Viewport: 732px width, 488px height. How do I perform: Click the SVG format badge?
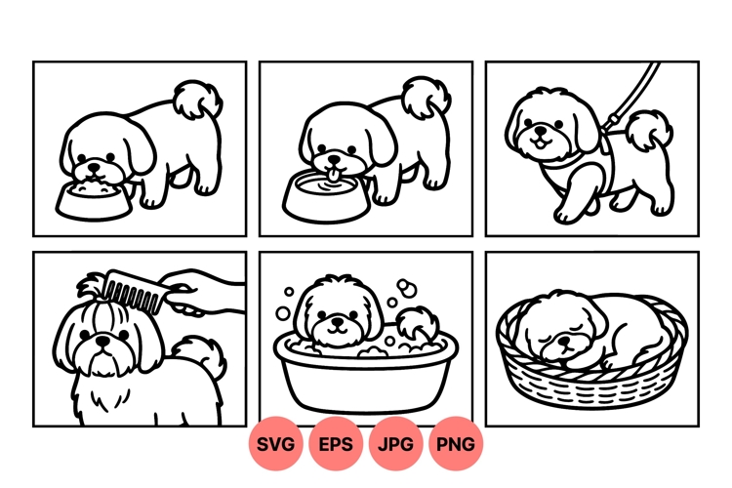tap(275, 444)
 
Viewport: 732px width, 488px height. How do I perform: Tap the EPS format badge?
tap(335, 444)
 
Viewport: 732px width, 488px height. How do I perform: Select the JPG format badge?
tap(395, 444)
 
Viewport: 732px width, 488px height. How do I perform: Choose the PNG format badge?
tap(456, 444)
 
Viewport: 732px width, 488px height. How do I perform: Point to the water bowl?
tap(326, 197)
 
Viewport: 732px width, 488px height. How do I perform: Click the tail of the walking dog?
tap(649, 130)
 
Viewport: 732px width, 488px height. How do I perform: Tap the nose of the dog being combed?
tap(102, 342)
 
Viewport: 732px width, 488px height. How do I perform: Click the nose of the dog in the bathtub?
tap(337, 322)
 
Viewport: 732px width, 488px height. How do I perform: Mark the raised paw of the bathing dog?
tap(417, 323)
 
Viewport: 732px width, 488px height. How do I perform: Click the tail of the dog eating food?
tap(197, 100)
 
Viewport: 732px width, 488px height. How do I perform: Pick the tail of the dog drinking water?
tap(427, 97)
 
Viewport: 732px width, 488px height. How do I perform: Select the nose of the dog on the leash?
tap(541, 129)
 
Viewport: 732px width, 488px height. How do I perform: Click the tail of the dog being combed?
tap(201, 356)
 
